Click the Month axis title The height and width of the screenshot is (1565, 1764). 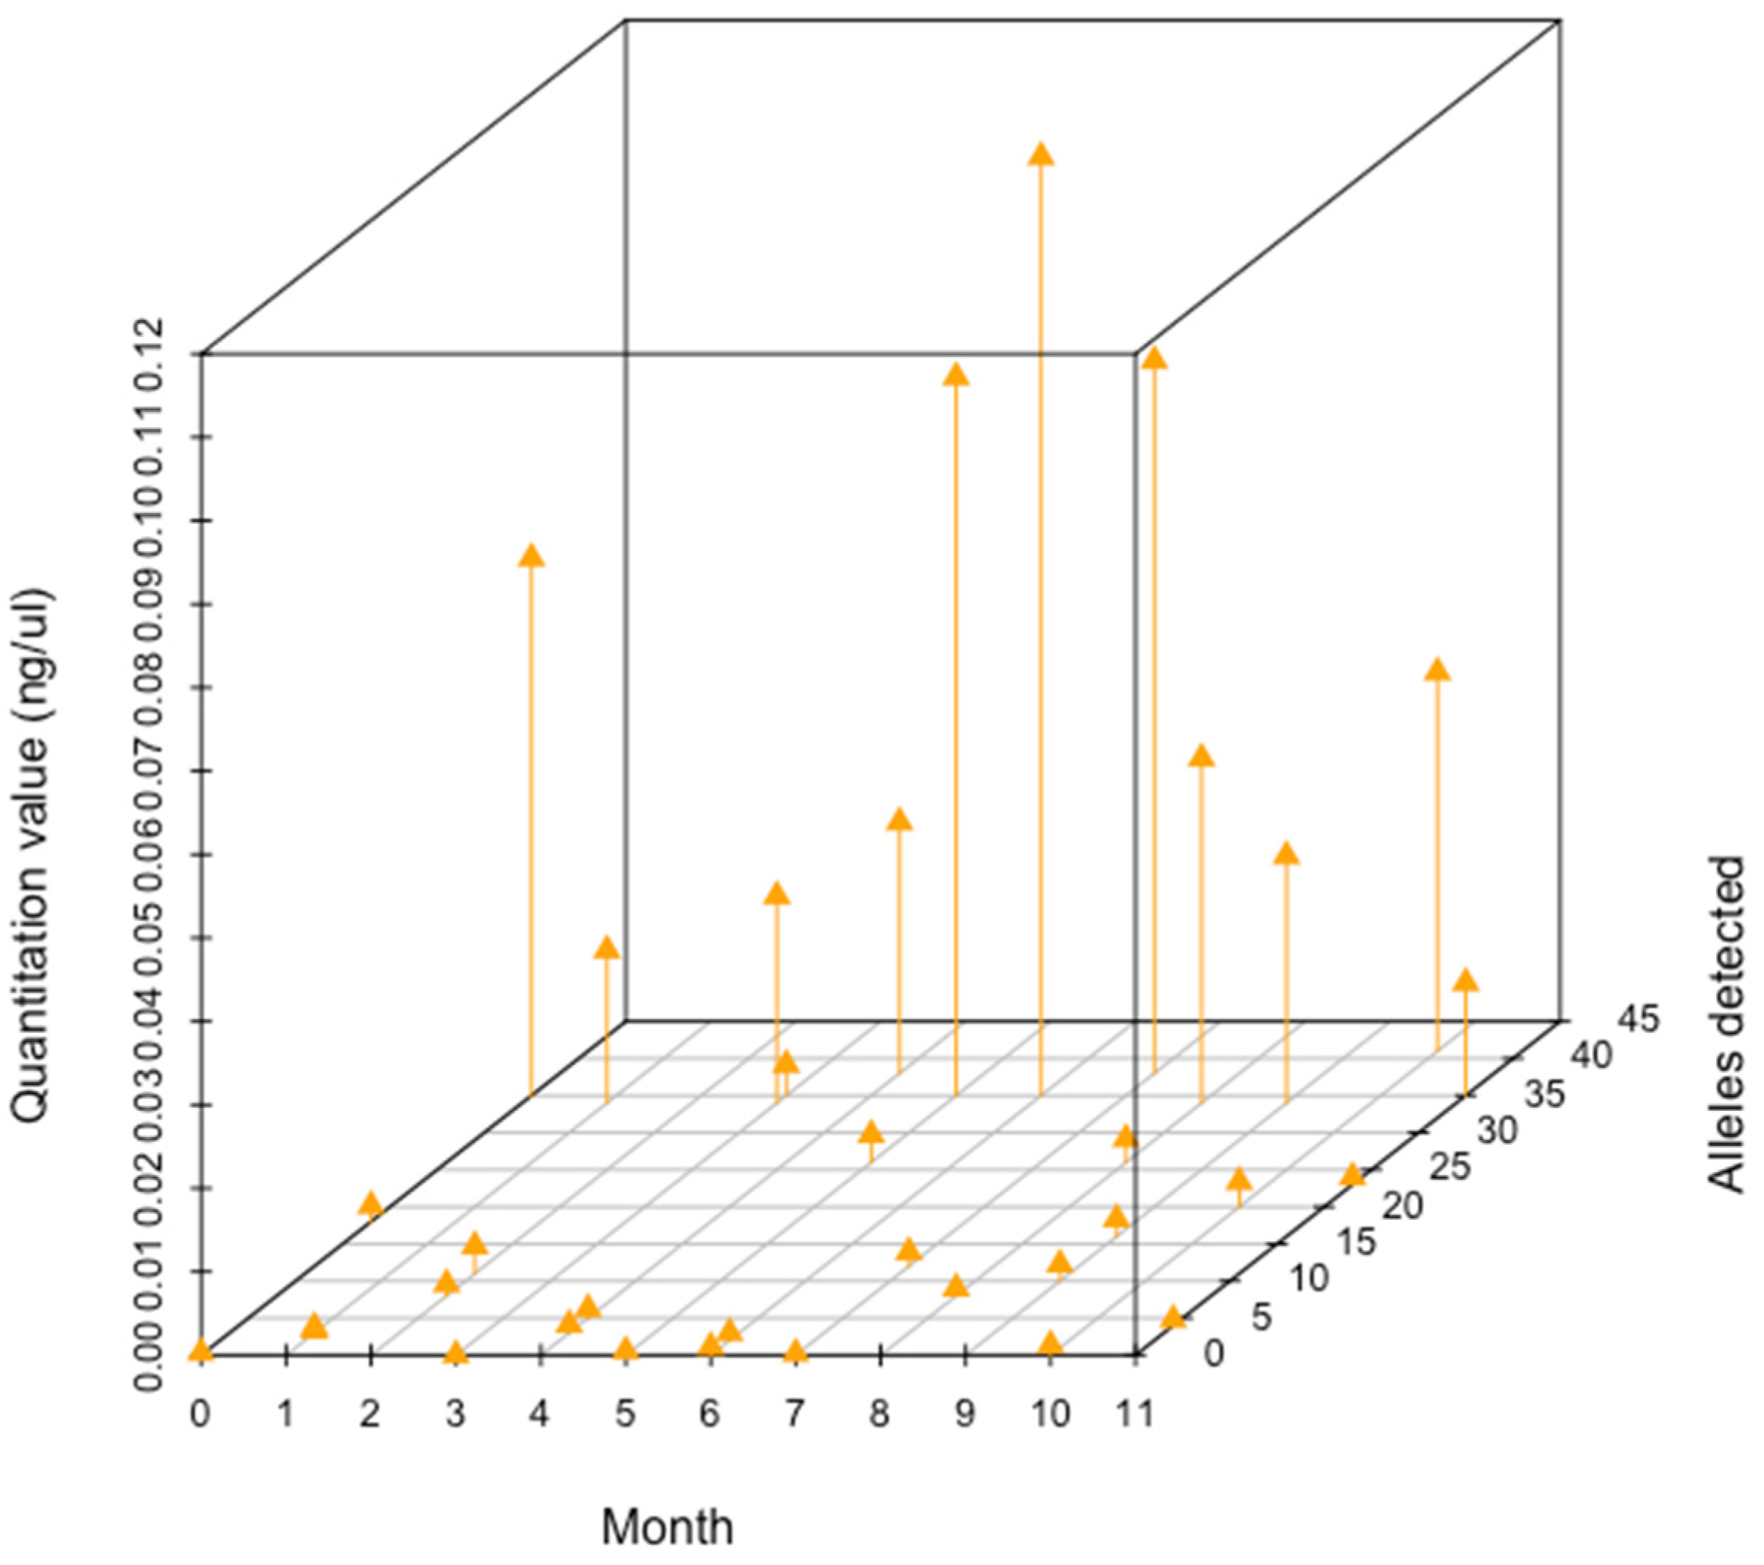click(667, 1526)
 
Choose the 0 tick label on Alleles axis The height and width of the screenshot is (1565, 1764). click(1214, 1355)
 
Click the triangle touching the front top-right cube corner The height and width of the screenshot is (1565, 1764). click(1154, 358)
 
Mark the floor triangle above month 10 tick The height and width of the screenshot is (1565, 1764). click(1050, 1344)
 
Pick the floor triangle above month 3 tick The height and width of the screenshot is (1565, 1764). click(456, 1352)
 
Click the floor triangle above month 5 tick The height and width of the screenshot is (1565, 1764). click(626, 1349)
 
